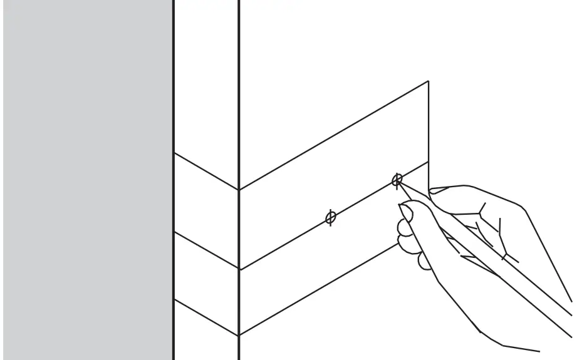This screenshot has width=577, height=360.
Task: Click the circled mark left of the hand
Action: point(331,217)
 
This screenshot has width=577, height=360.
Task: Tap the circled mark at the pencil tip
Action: point(397,180)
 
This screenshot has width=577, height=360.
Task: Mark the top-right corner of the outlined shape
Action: point(428,81)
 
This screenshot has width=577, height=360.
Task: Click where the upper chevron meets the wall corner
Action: point(239,190)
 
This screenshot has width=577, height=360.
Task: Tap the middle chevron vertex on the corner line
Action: point(239,269)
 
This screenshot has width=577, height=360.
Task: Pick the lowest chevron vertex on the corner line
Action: point(239,336)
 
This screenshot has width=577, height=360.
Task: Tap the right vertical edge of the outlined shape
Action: point(428,125)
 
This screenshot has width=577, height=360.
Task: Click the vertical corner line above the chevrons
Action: point(239,94)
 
